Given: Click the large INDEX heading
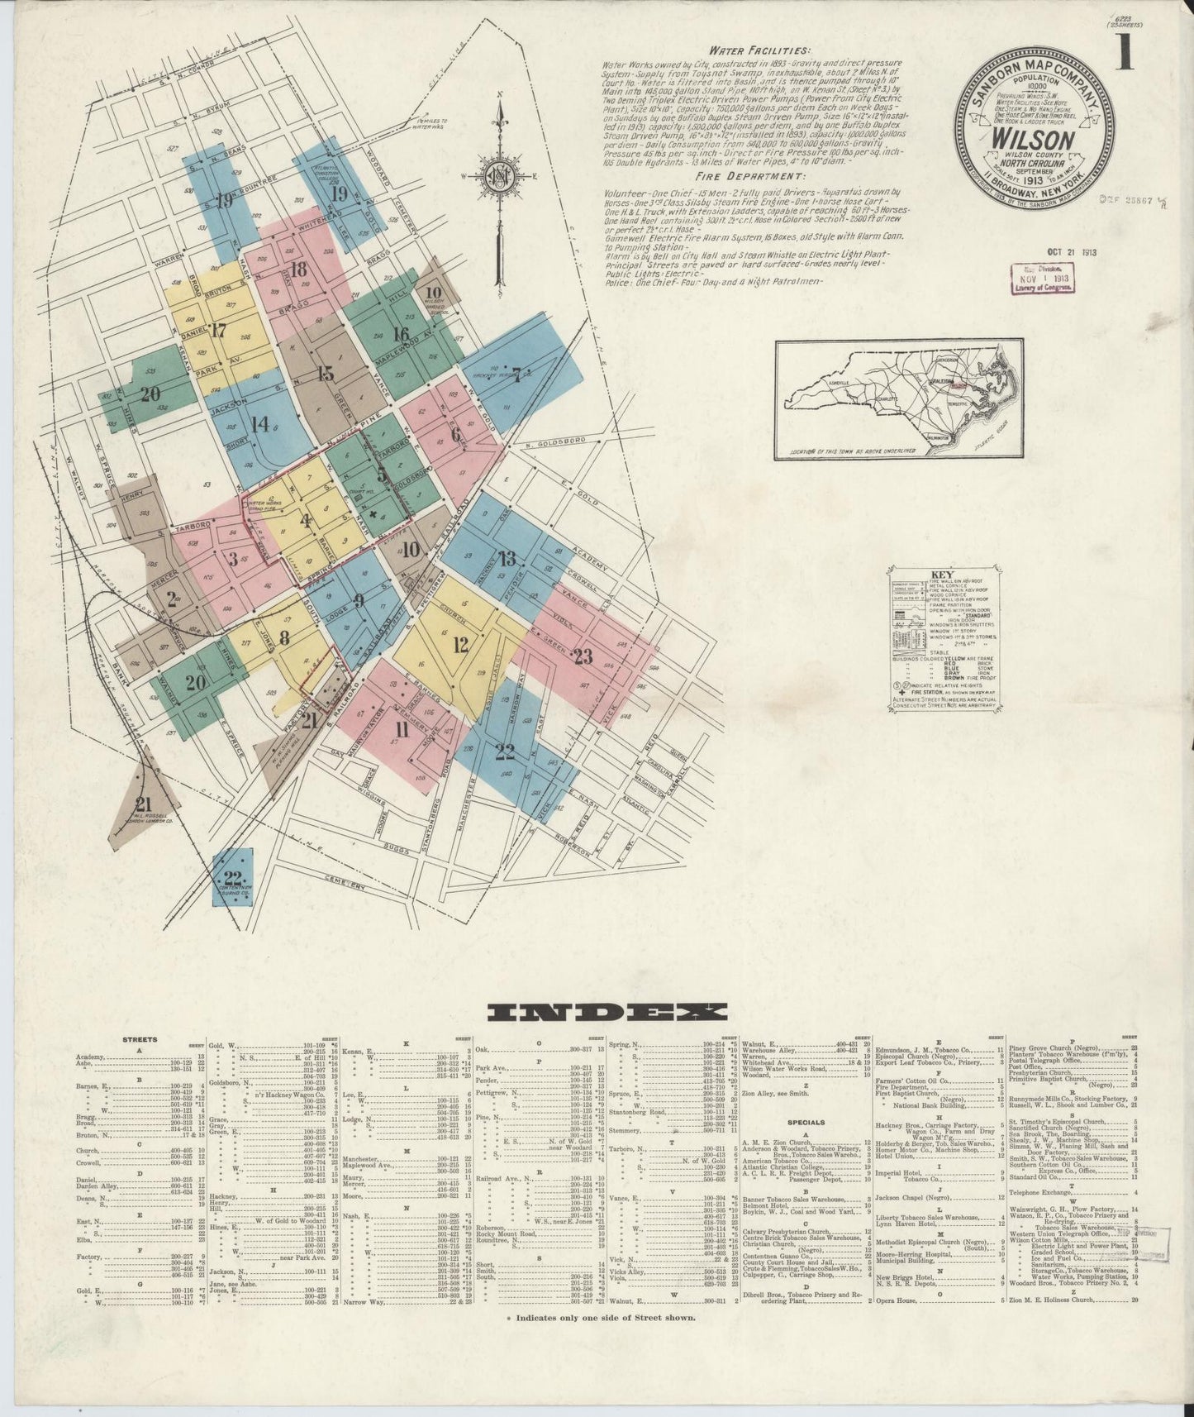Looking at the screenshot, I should coord(607,1011).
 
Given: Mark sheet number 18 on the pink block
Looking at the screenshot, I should coord(298,269).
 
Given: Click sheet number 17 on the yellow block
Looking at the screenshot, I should coord(218,331).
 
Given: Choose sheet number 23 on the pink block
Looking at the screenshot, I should coord(584,657).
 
